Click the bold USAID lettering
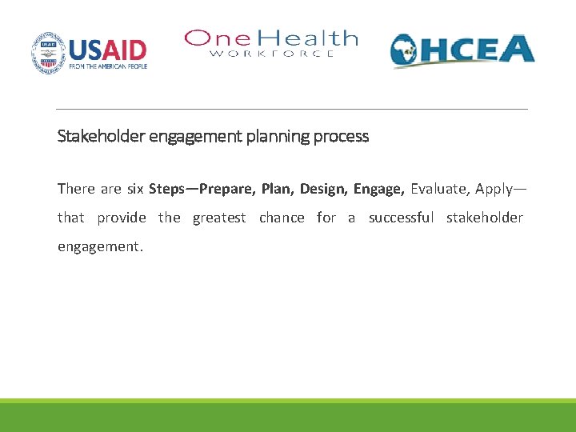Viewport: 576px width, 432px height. [108, 50]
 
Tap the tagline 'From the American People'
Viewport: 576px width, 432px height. [108, 66]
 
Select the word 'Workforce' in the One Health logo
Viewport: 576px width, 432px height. [271, 54]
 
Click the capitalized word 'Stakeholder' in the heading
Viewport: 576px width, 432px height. [100, 136]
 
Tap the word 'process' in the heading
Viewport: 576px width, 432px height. [341, 136]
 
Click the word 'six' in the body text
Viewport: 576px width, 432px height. [135, 189]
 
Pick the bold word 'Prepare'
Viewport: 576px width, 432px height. [227, 189]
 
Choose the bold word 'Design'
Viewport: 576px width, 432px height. [322, 189]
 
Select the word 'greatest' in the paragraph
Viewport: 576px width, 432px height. [219, 218]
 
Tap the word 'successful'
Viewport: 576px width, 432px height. [401, 218]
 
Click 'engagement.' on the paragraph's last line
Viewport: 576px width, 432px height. [100, 246]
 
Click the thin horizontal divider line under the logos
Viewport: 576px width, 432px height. [292, 109]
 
